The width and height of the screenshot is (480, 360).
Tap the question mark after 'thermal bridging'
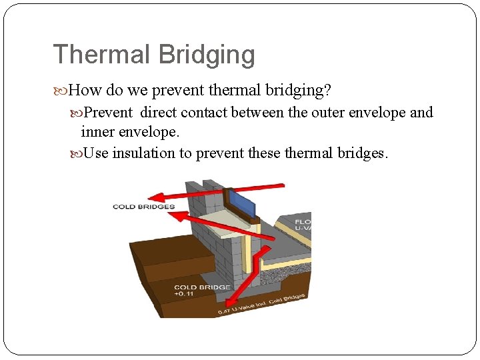coord(327,89)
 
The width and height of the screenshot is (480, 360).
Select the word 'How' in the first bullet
coord(83,89)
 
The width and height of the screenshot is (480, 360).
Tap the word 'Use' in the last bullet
coord(97,153)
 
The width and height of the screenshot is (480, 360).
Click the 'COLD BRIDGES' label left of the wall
coord(143,207)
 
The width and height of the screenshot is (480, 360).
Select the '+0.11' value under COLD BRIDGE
coord(185,294)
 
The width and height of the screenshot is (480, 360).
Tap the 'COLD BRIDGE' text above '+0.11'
coord(202,287)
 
